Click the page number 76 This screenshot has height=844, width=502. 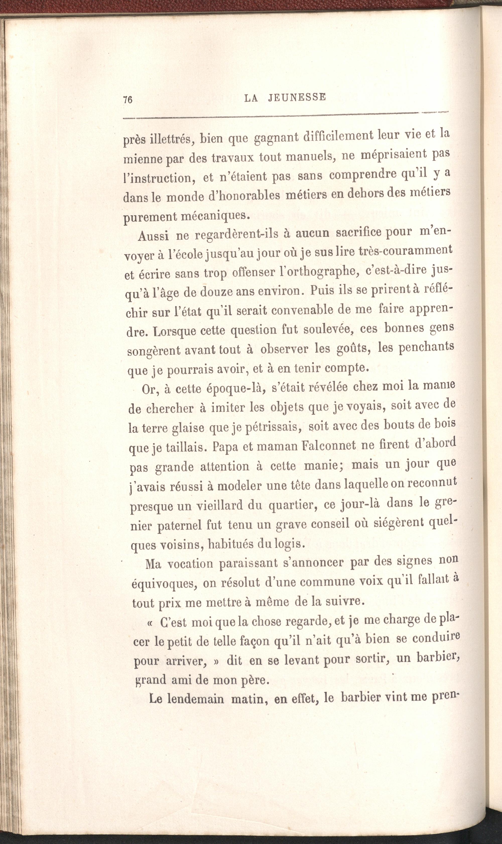[128, 100]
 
